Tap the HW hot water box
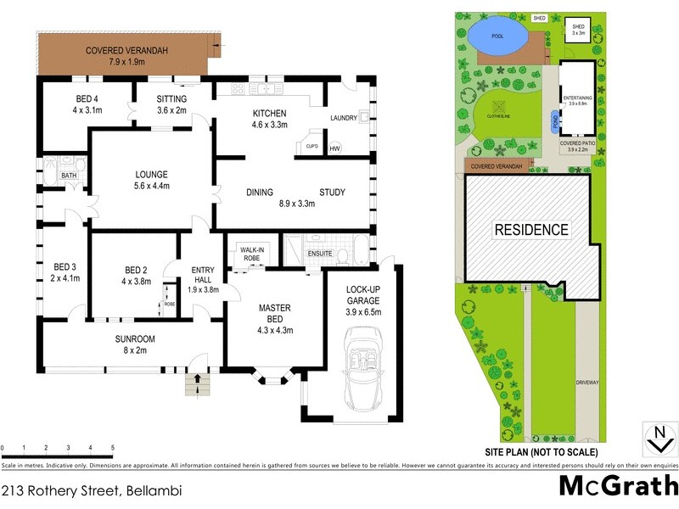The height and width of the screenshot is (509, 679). [334, 149]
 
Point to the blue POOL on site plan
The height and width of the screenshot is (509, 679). [497, 36]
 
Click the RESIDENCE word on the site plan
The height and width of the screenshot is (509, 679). [531, 229]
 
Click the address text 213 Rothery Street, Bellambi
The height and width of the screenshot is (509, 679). [92, 490]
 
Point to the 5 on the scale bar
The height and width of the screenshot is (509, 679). [113, 447]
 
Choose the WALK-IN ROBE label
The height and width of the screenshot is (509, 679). [250, 254]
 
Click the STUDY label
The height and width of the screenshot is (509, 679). [332, 193]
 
